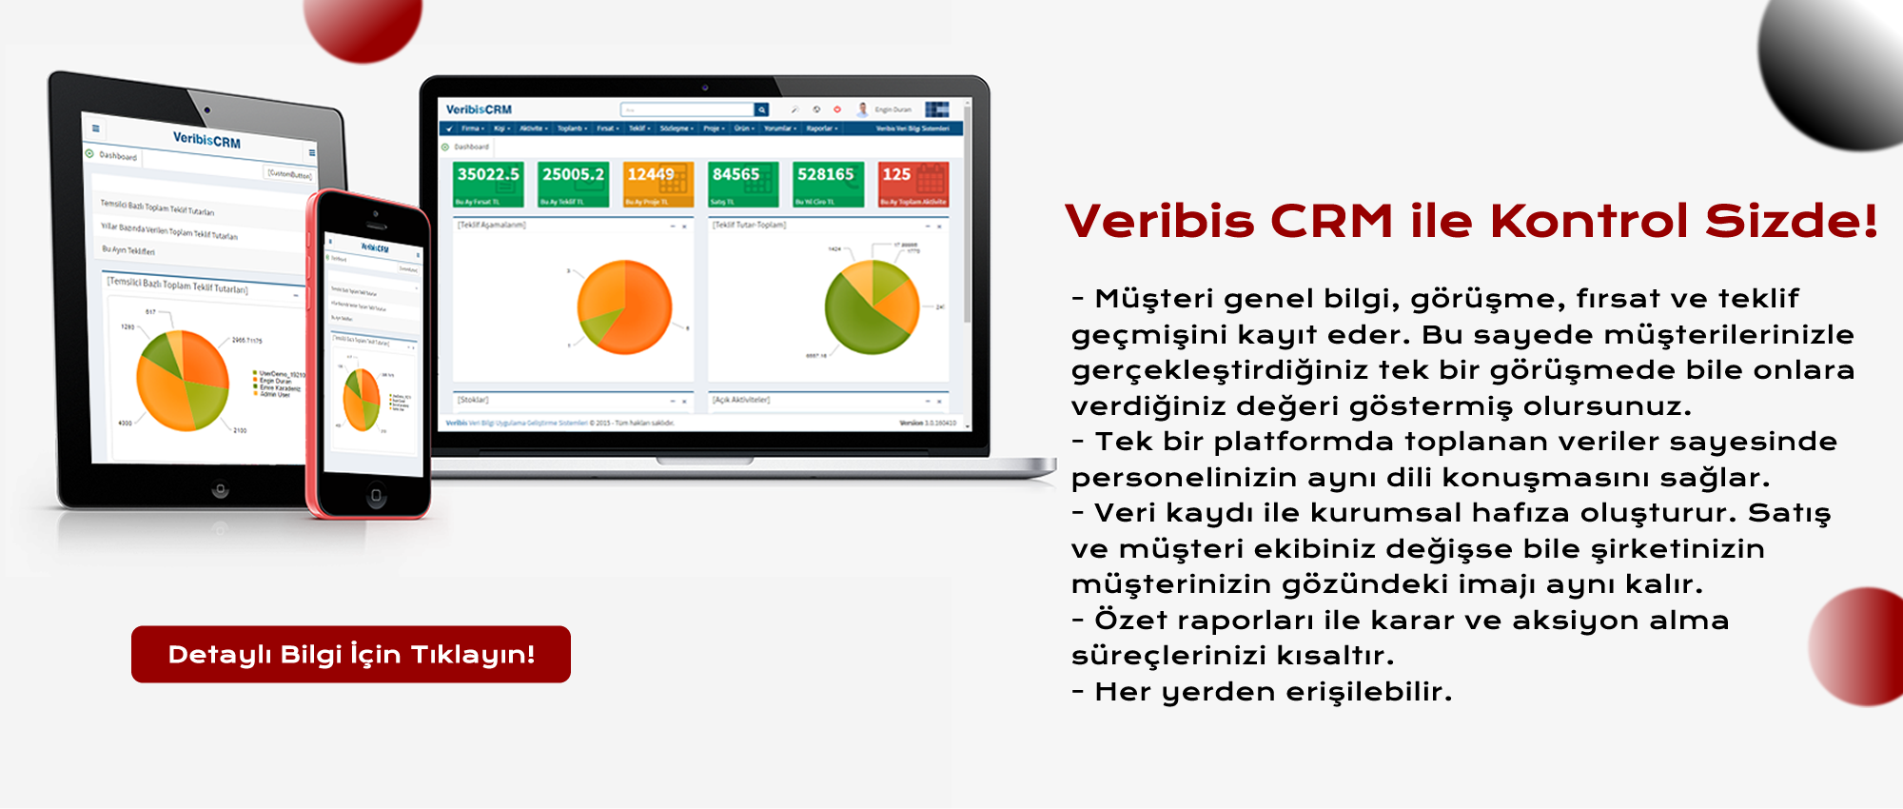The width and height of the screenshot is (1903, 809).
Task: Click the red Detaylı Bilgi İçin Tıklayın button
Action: tap(351, 654)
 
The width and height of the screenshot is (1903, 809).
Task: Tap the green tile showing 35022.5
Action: tap(488, 184)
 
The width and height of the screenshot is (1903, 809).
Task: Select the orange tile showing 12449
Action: tap(658, 184)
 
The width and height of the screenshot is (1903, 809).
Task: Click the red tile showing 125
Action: tap(913, 184)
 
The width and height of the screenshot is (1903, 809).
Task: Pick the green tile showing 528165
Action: tap(828, 184)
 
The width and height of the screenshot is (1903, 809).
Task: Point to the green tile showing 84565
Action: tap(743, 184)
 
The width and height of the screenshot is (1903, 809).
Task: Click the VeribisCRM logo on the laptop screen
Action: tap(479, 109)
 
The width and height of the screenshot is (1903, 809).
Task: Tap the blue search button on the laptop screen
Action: tap(761, 109)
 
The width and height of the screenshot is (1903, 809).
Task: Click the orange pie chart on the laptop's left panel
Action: tap(624, 306)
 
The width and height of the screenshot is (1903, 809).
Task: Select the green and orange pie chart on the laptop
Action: tap(872, 306)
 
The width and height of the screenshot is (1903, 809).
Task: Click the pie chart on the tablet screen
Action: tap(183, 381)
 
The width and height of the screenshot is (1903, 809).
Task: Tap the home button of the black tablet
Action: tap(220, 490)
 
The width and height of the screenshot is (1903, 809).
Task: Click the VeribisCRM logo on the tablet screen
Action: tap(206, 140)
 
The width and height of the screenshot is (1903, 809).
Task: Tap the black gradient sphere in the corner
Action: tap(1836, 67)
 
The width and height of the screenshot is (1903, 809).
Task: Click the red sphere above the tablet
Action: tap(363, 24)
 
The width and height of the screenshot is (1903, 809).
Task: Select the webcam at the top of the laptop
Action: tap(704, 88)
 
